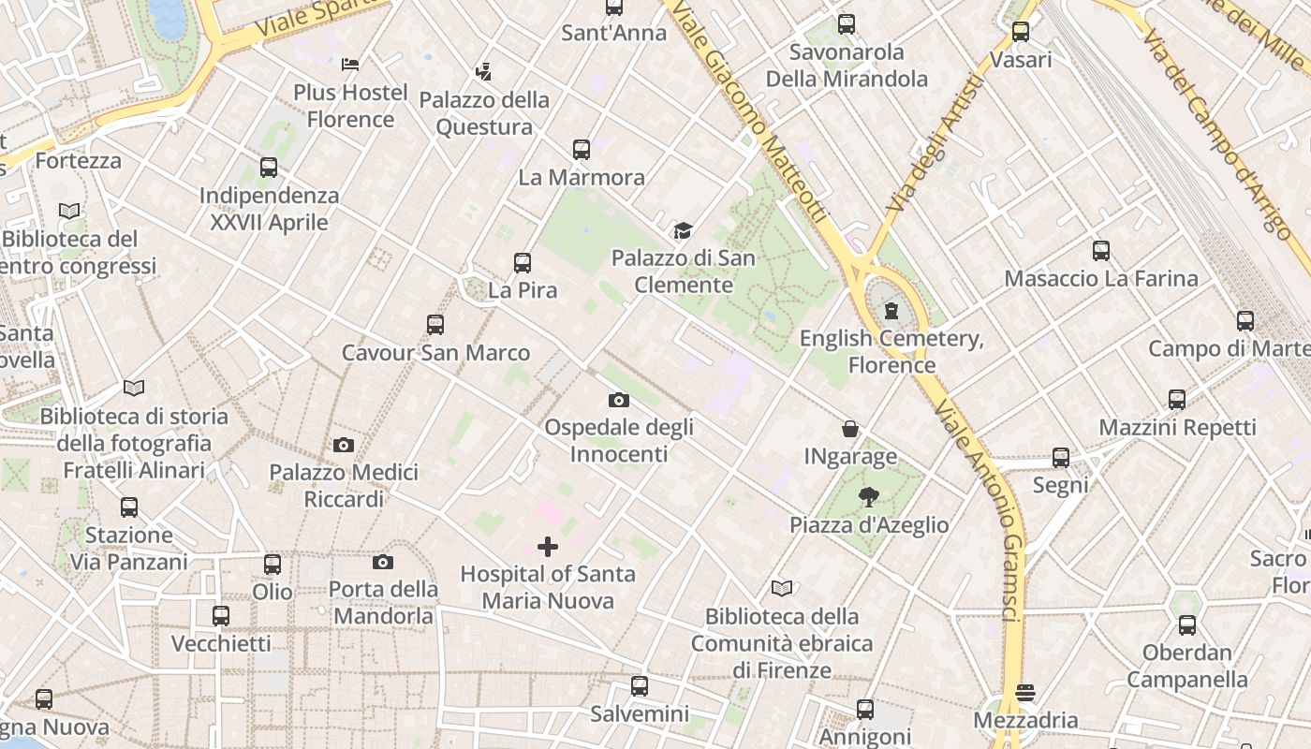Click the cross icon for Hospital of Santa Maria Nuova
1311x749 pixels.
[548, 546]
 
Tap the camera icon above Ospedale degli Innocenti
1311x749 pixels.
[618, 400]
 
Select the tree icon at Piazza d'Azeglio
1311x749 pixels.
[869, 497]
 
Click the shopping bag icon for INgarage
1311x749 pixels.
[850, 429]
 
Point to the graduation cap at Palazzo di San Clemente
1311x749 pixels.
[683, 230]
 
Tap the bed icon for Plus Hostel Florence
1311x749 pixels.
[350, 65]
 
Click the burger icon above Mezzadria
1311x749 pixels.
[1025, 693]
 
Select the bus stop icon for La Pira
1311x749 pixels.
[523, 263]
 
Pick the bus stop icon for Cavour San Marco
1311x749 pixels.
[435, 325]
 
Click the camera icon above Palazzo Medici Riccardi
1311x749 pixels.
[344, 445]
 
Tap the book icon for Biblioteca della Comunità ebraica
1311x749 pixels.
[782, 588]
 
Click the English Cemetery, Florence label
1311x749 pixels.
[891, 351]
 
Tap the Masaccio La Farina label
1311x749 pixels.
[1100, 278]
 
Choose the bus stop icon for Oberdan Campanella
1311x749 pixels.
[1187, 625]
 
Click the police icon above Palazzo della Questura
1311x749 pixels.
[483, 71]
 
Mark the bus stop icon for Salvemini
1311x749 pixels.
[640, 686]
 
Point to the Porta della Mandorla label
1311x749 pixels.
[384, 602]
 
